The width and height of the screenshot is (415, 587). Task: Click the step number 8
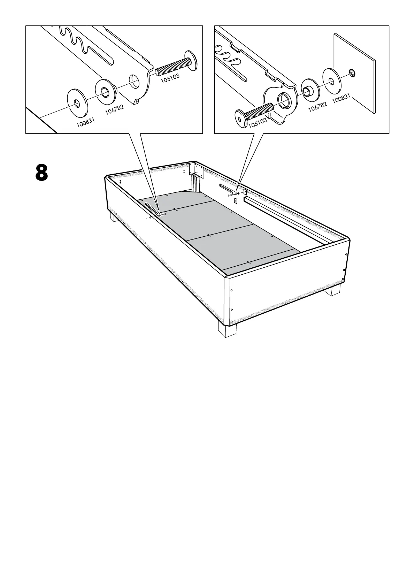click(x=41, y=173)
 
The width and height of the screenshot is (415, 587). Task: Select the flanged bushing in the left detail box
click(x=105, y=92)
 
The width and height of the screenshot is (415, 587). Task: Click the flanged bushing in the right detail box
click(x=309, y=91)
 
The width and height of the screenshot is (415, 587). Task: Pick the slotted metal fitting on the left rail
click(x=152, y=209)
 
